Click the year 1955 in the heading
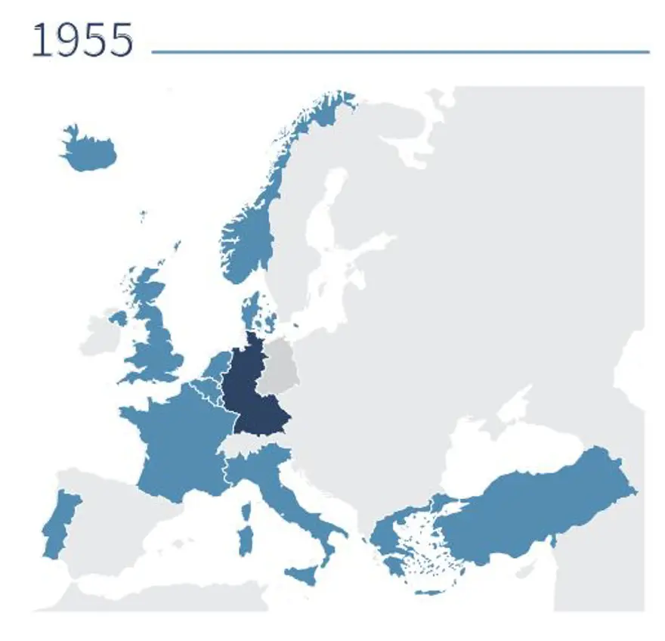[82, 41]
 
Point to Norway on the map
[250, 234]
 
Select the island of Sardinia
[245, 540]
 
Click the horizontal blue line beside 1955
[401, 52]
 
